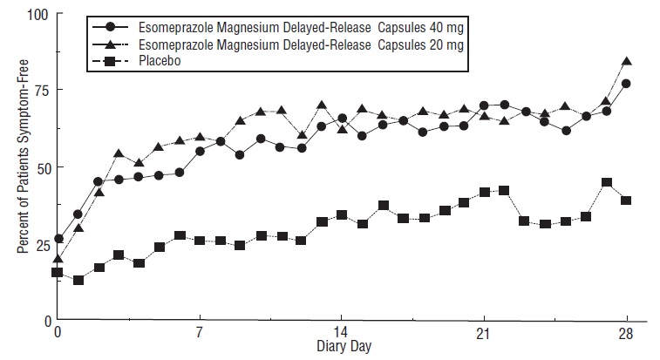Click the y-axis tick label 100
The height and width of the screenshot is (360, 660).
pos(38,15)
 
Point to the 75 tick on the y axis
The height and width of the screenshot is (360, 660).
pos(42,91)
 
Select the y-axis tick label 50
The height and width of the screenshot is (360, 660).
pos(42,167)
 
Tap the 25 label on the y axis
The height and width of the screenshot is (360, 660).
pos(42,244)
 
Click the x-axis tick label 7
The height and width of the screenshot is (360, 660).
pos(200,333)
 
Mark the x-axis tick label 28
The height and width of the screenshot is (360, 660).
pos(625,333)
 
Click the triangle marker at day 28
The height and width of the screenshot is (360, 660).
pos(626,62)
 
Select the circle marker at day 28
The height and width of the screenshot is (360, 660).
pos(626,84)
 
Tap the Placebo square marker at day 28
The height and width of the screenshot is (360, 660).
pos(626,200)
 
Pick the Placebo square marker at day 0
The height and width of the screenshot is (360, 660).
pos(58,273)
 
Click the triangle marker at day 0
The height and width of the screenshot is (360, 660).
pos(58,259)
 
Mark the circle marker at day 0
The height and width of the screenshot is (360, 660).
pos(58,239)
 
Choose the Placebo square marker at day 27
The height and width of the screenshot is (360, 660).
pos(606,183)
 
